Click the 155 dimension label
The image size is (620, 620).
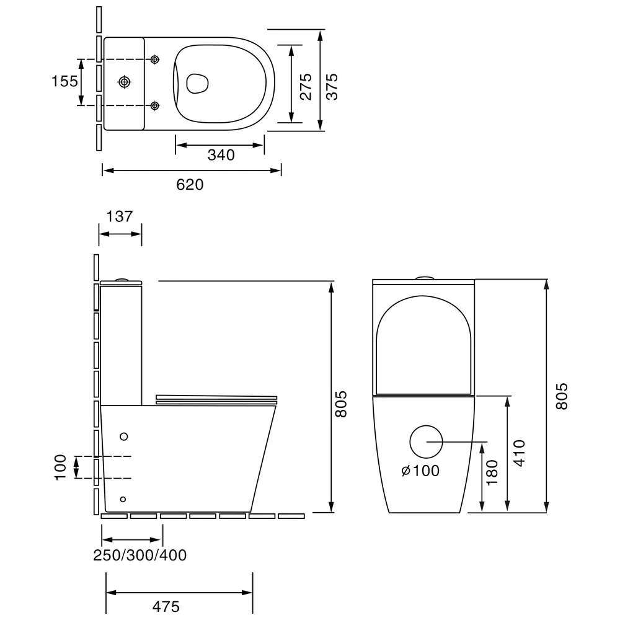coord(65,81)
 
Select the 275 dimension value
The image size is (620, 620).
coord(306,86)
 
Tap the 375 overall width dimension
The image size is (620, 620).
coord(332,86)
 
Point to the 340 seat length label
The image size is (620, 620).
coord(221,155)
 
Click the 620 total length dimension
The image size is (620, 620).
coord(190,185)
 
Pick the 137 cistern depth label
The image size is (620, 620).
coord(120,216)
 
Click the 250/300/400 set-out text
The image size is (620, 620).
coord(139,555)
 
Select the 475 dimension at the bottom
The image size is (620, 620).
coord(166,606)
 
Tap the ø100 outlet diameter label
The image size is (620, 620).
coord(420,471)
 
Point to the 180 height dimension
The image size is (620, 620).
coord(492,472)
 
